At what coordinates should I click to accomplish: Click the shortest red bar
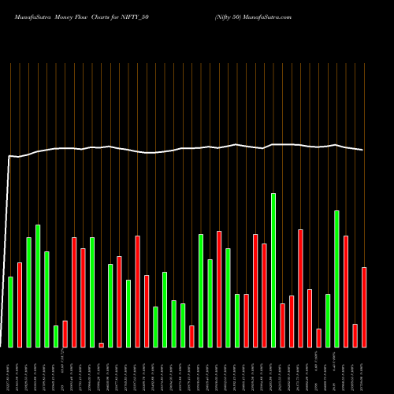(101, 344)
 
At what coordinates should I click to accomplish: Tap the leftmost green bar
(10, 311)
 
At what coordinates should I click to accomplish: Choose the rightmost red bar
(364, 307)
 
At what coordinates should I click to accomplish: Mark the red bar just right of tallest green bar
(282, 325)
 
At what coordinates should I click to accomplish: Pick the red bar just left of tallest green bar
(264, 295)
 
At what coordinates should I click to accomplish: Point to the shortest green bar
(56, 336)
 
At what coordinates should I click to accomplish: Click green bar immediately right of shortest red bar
(110, 305)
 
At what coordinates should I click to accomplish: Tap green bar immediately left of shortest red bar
(92, 292)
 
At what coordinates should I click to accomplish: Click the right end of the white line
(363, 150)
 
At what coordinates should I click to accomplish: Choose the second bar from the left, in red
(20, 304)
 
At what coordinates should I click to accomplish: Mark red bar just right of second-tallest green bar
(346, 291)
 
